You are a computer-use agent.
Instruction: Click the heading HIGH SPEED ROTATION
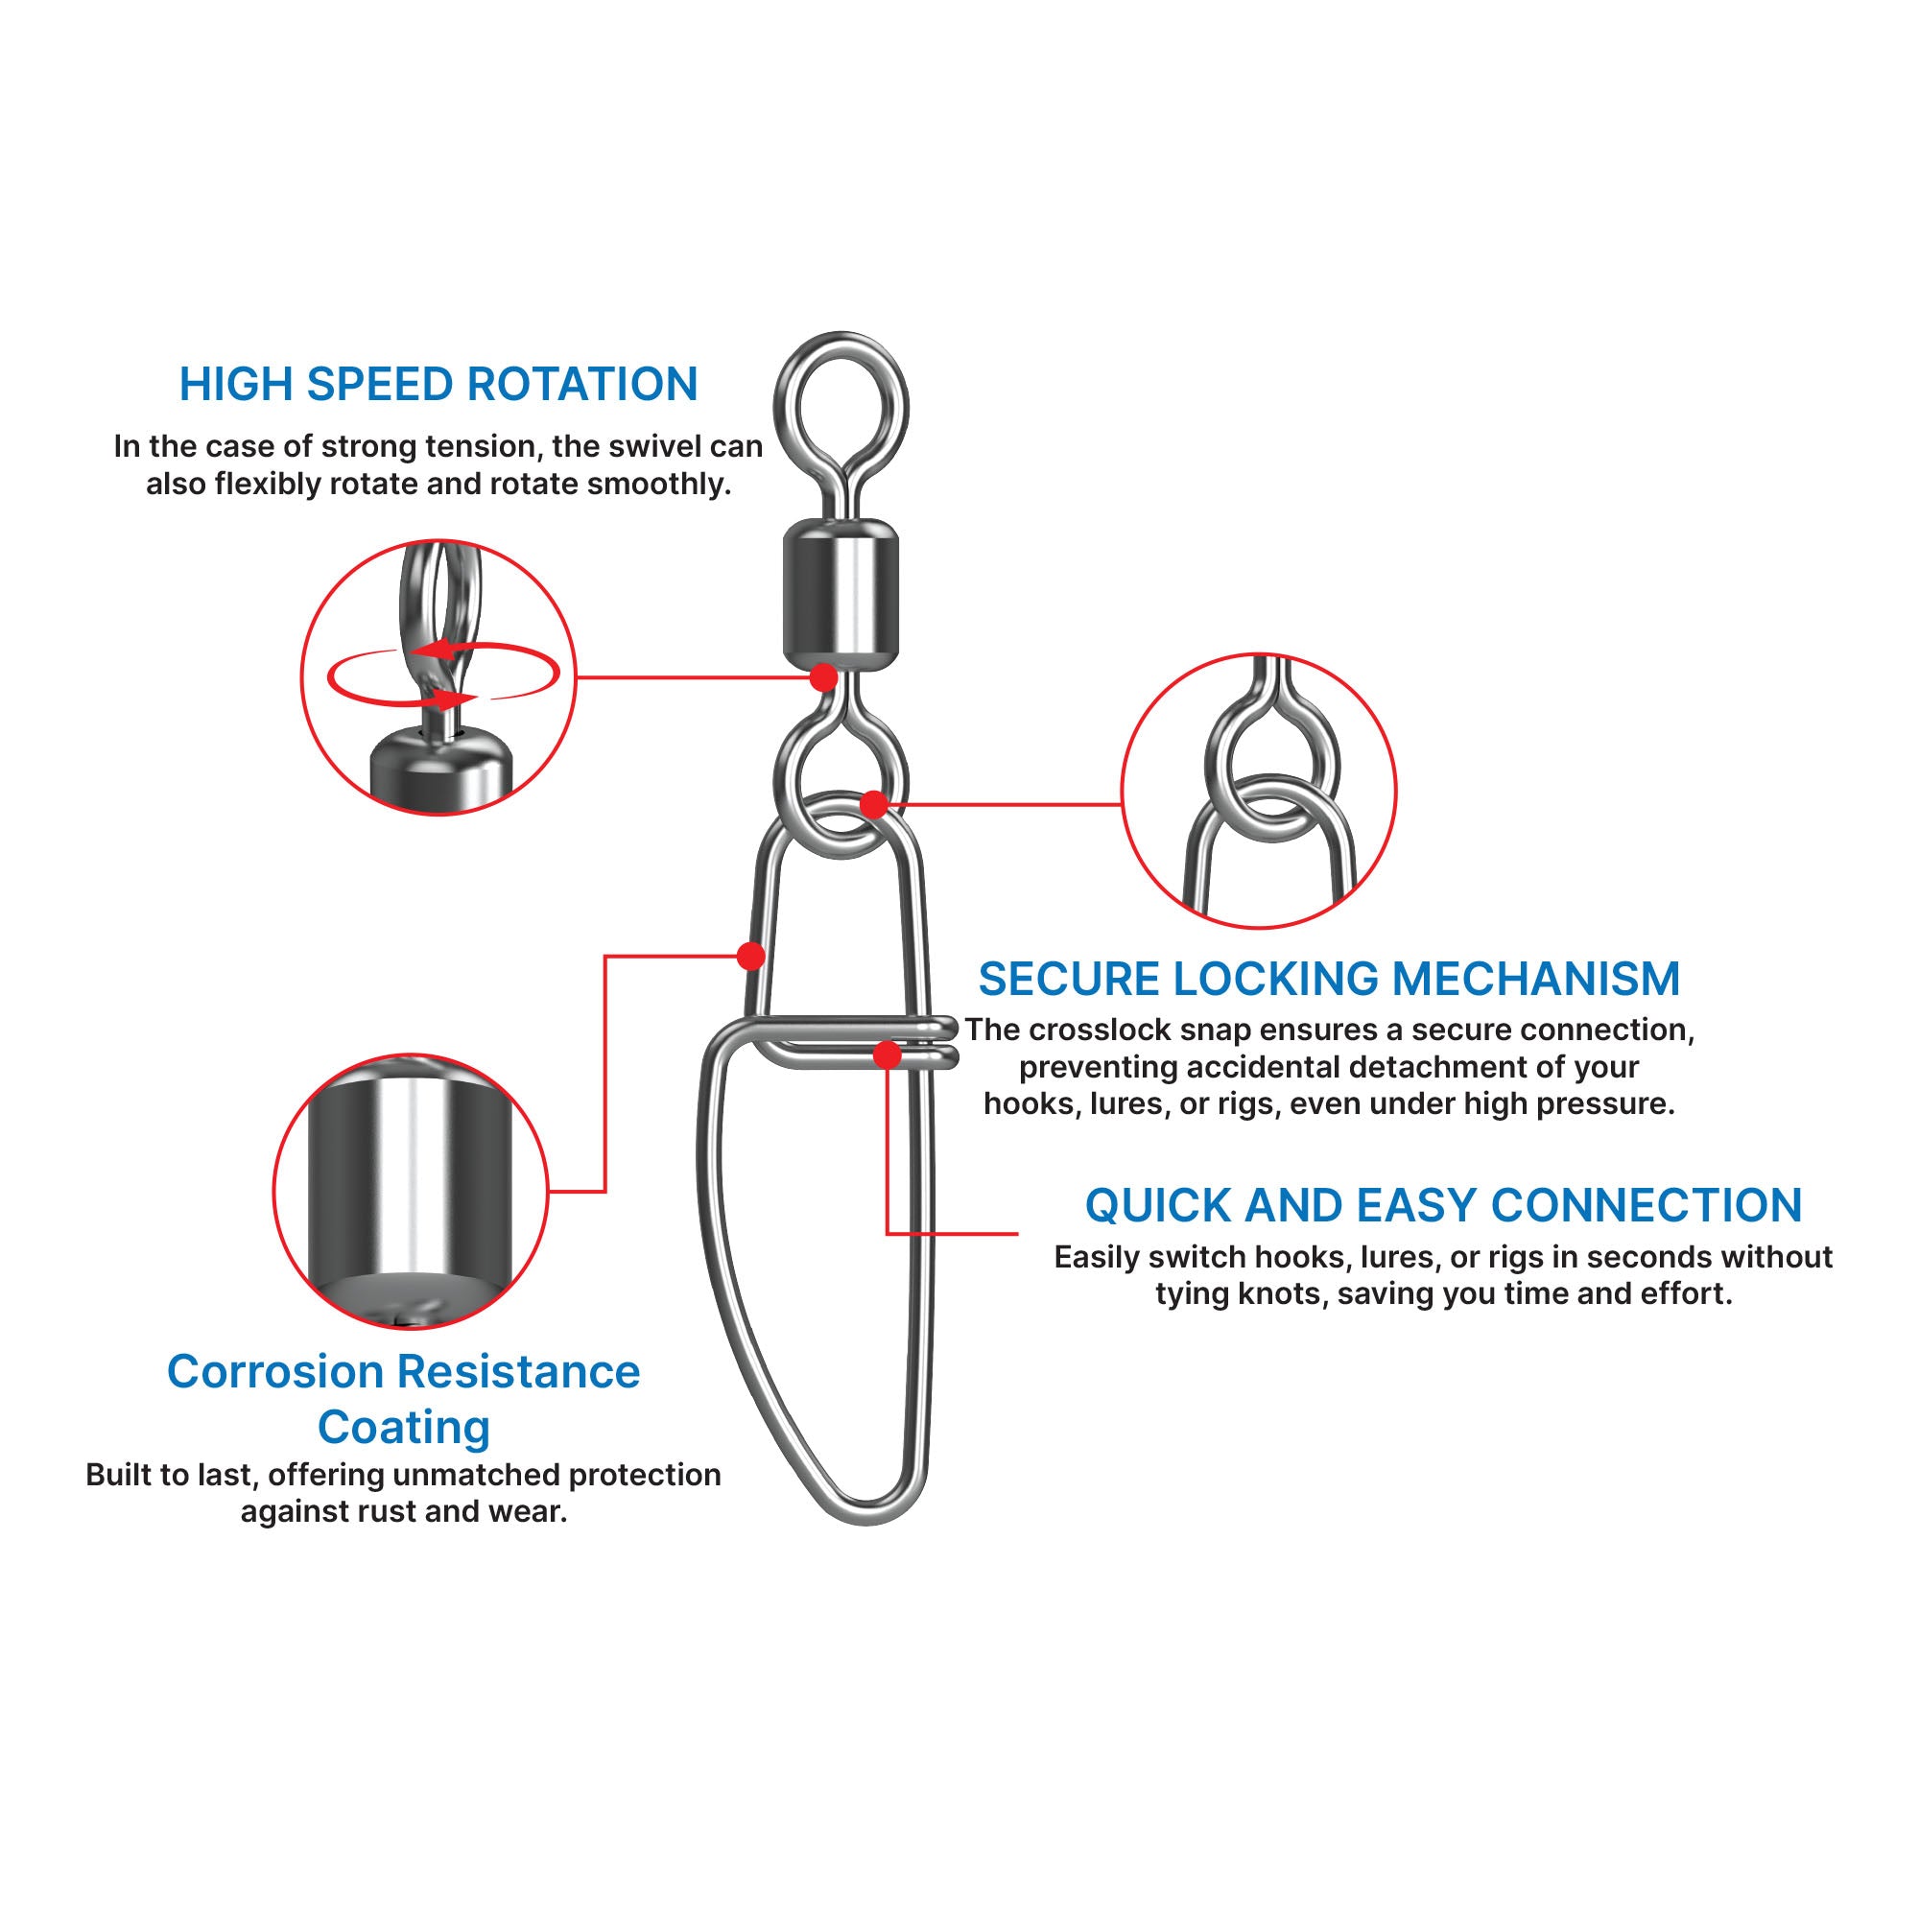438,385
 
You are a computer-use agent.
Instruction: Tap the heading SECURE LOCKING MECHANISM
1329,979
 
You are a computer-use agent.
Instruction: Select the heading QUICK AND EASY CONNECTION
1443,1205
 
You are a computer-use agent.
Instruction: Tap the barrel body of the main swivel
841,594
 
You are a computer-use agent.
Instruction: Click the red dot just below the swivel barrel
823,677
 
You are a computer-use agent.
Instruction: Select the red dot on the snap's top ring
873,803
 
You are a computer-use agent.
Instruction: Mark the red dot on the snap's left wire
751,956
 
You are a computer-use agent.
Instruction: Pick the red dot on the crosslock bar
888,1054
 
